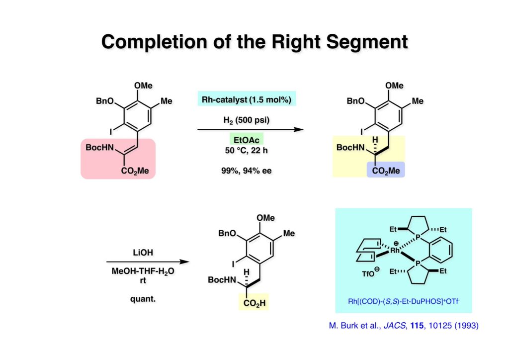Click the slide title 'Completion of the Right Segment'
tap(254, 42)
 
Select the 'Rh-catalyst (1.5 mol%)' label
tap(246, 99)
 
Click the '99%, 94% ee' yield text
tap(246, 170)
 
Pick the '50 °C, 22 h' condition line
tap(246, 150)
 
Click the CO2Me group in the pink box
tap(135, 171)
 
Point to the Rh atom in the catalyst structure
tap(395, 251)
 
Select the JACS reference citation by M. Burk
tap(404, 326)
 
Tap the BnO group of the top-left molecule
tap(106, 101)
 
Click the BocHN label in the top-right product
tap(351, 148)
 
